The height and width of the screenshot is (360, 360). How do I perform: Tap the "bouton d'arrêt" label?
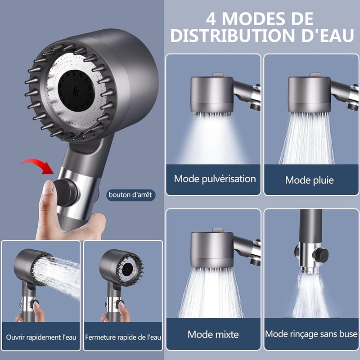tap(130, 195)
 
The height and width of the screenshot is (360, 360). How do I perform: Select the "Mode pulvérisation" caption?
tap(215, 179)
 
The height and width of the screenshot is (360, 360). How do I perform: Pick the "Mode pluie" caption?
tap(310, 180)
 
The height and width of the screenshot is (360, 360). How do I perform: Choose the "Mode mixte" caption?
tap(213, 334)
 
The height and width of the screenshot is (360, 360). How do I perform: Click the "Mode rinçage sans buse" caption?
tap(311, 334)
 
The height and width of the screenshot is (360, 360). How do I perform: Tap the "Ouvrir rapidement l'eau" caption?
tap(41, 337)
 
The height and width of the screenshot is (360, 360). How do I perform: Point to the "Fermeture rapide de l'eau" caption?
tap(123, 337)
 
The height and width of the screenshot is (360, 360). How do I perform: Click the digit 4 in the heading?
tap(211, 19)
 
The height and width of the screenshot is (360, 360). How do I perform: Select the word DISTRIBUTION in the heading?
tap(233, 36)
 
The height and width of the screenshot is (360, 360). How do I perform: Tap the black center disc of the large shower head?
tap(76, 91)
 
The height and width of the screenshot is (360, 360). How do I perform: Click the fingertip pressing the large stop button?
tap(48, 186)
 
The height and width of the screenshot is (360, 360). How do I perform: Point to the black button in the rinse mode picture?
tap(321, 255)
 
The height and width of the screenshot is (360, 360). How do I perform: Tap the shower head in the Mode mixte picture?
tap(212, 250)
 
